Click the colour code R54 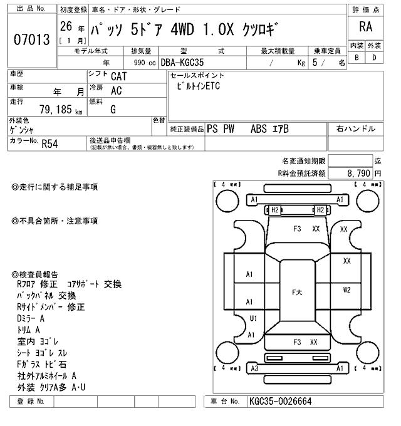(x=50, y=143)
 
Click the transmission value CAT (x=117, y=76)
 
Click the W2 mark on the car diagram (x=346, y=289)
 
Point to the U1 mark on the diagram (x=253, y=318)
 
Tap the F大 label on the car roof (x=298, y=293)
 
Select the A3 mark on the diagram (x=254, y=368)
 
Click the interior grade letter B (x=357, y=58)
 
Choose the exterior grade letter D (x=374, y=58)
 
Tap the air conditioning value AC (x=116, y=91)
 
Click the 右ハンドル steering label (x=356, y=129)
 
